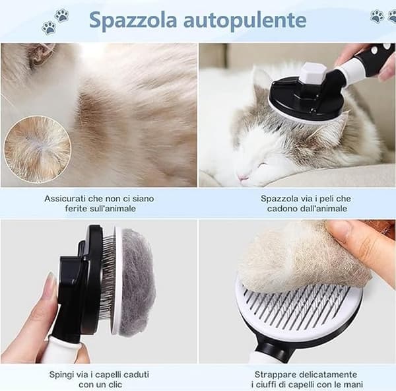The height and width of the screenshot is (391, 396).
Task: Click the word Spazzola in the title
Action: click(x=133, y=20)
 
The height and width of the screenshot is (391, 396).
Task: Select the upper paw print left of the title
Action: click(x=61, y=15)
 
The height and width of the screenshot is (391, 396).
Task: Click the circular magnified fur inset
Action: click(x=37, y=149)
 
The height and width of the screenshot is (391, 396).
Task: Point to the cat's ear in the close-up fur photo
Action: click(x=40, y=54)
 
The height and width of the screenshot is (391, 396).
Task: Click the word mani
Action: click(x=353, y=385)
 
